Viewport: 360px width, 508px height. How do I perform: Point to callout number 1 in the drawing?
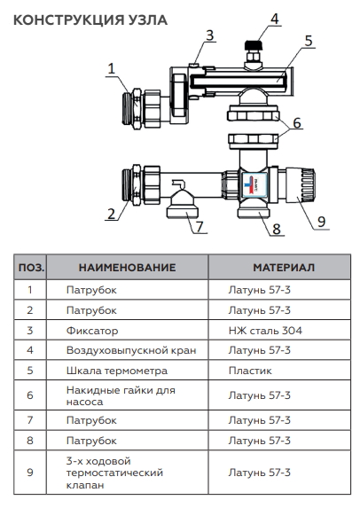click(111, 67)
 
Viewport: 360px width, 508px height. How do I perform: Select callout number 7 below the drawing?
click(200, 227)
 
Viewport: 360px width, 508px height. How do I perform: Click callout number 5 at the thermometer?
click(308, 41)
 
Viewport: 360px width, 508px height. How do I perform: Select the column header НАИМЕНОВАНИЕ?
click(127, 267)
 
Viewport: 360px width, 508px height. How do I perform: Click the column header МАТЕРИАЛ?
click(283, 267)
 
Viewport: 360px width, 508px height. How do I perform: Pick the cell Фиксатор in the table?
click(92, 330)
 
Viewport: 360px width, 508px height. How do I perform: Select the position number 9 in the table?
click(30, 473)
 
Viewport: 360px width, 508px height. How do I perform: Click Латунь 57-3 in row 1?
click(259, 289)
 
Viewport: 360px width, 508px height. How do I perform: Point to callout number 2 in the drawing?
click(111, 213)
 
